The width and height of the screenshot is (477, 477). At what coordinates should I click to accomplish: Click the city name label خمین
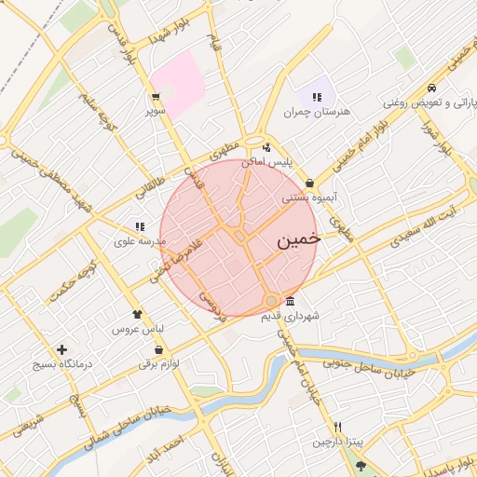[x=298, y=239]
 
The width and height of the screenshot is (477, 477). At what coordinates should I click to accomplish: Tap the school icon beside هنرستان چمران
[x=317, y=96]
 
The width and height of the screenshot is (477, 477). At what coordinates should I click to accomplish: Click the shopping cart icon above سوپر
[x=155, y=95]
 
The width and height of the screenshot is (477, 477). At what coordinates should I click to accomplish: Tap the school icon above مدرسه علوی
[x=140, y=225]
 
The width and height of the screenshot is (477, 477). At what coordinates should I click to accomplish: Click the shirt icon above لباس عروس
[x=138, y=314]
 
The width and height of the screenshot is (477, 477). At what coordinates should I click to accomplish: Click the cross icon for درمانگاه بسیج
[x=61, y=350]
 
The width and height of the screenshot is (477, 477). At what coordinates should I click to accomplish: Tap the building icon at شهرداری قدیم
[x=291, y=301]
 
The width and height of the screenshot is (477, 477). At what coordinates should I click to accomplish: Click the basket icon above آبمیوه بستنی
[x=308, y=183]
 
